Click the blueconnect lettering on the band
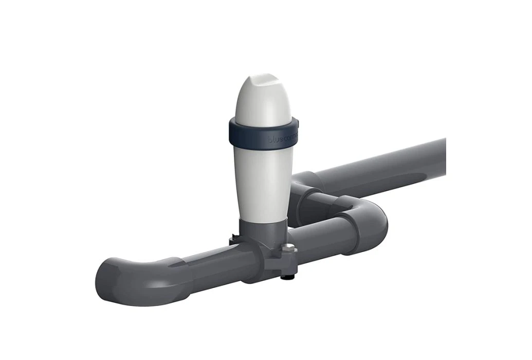[282, 138]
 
